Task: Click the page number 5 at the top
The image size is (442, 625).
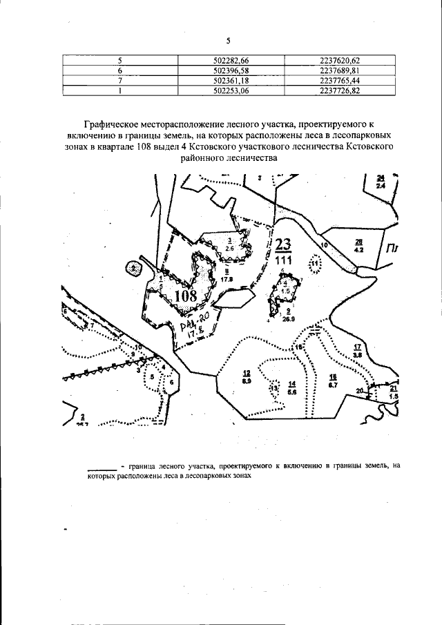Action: [x=227, y=40]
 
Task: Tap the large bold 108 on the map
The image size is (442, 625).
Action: [x=185, y=297]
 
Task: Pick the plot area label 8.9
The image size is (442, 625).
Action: [x=247, y=380]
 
